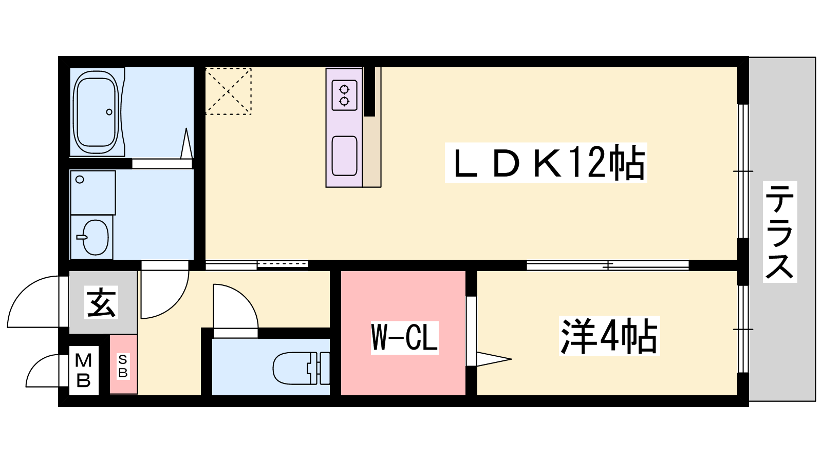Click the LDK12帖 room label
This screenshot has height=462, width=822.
[x=546, y=162]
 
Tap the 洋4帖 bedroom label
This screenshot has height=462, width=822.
[x=609, y=336]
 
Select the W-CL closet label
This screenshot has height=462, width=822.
[x=404, y=338]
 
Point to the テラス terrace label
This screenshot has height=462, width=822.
[x=780, y=232]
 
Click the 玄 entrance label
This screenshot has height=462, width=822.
[x=101, y=302]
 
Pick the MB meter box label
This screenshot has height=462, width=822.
[x=83, y=371]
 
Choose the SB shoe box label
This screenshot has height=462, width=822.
[x=123, y=366]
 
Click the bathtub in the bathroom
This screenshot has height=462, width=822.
[x=97, y=112]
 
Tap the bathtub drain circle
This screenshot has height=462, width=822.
[x=109, y=112]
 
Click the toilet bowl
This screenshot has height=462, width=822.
[x=294, y=368]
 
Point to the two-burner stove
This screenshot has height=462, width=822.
[x=344, y=95]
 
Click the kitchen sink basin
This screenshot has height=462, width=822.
[x=344, y=156]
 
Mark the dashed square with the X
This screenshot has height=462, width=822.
[x=228, y=91]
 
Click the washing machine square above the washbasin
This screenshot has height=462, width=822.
[x=93, y=192]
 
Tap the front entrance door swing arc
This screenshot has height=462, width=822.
[x=26, y=290]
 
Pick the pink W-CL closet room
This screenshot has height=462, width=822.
[x=403, y=333]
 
